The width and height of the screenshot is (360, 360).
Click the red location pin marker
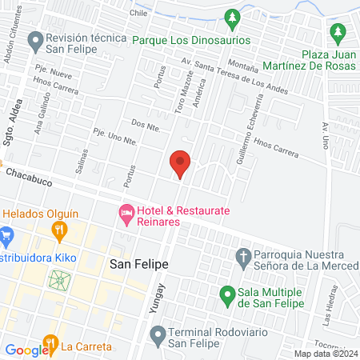click(x=181, y=163)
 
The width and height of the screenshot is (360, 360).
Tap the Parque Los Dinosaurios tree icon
click(x=233, y=17)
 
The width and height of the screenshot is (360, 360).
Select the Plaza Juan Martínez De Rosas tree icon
click(x=338, y=32)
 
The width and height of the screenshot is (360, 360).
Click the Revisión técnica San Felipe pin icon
click(x=34, y=38)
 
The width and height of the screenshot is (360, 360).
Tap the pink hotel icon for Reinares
click(x=126, y=213)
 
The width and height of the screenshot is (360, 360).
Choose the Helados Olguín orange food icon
click(x=59, y=232)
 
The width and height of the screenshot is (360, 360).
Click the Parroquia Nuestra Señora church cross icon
click(x=244, y=257)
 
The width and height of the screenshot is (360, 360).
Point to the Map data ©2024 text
click(x=325, y=354)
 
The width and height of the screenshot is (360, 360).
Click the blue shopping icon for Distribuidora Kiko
click(x=7, y=237)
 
